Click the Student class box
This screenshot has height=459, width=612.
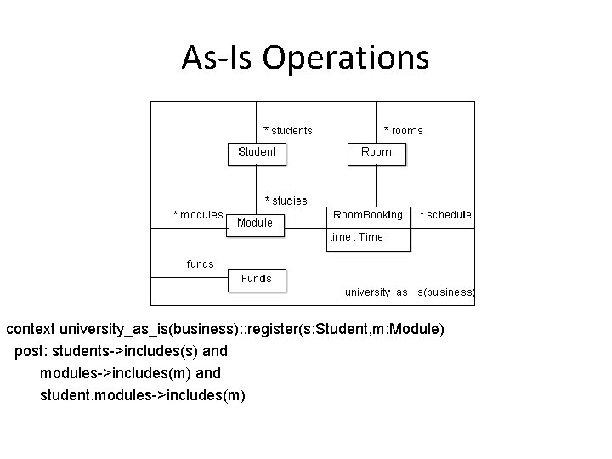tap(256, 152)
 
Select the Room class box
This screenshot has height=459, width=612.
tap(377, 152)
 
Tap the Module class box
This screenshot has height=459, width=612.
tap(255, 224)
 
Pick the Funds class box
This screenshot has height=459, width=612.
tap(257, 279)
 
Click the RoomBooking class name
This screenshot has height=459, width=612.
tap(367, 215)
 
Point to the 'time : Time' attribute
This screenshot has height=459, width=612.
tap(356, 237)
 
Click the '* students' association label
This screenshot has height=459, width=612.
tap(288, 131)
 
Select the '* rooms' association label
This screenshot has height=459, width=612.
tap(403, 131)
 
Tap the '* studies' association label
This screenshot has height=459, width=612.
tap(286, 201)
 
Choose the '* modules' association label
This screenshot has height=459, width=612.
tap(198, 215)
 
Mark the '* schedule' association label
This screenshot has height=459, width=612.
tap(446, 215)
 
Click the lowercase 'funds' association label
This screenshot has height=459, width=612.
tap(201, 264)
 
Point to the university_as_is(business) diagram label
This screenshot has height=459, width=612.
tap(410, 292)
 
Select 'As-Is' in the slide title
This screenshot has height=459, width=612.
tap(218, 58)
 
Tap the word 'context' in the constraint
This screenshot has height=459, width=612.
tap(31, 328)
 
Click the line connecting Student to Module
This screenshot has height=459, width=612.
tap(257, 189)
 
